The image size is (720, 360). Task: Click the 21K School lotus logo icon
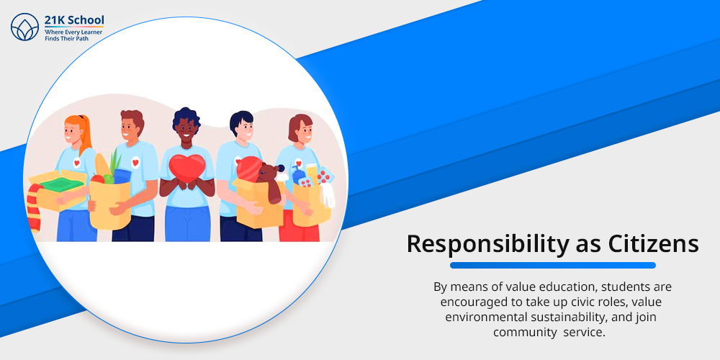[x=24, y=27]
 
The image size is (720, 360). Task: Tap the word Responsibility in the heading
[x=487, y=244]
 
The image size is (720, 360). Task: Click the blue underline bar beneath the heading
[x=552, y=265]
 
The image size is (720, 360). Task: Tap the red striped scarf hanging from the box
[x=34, y=207]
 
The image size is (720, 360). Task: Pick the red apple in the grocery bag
[x=97, y=179]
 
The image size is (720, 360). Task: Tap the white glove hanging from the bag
[x=327, y=195]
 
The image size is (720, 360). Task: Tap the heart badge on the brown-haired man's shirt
[x=135, y=162]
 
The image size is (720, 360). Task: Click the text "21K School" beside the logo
[x=74, y=20]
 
